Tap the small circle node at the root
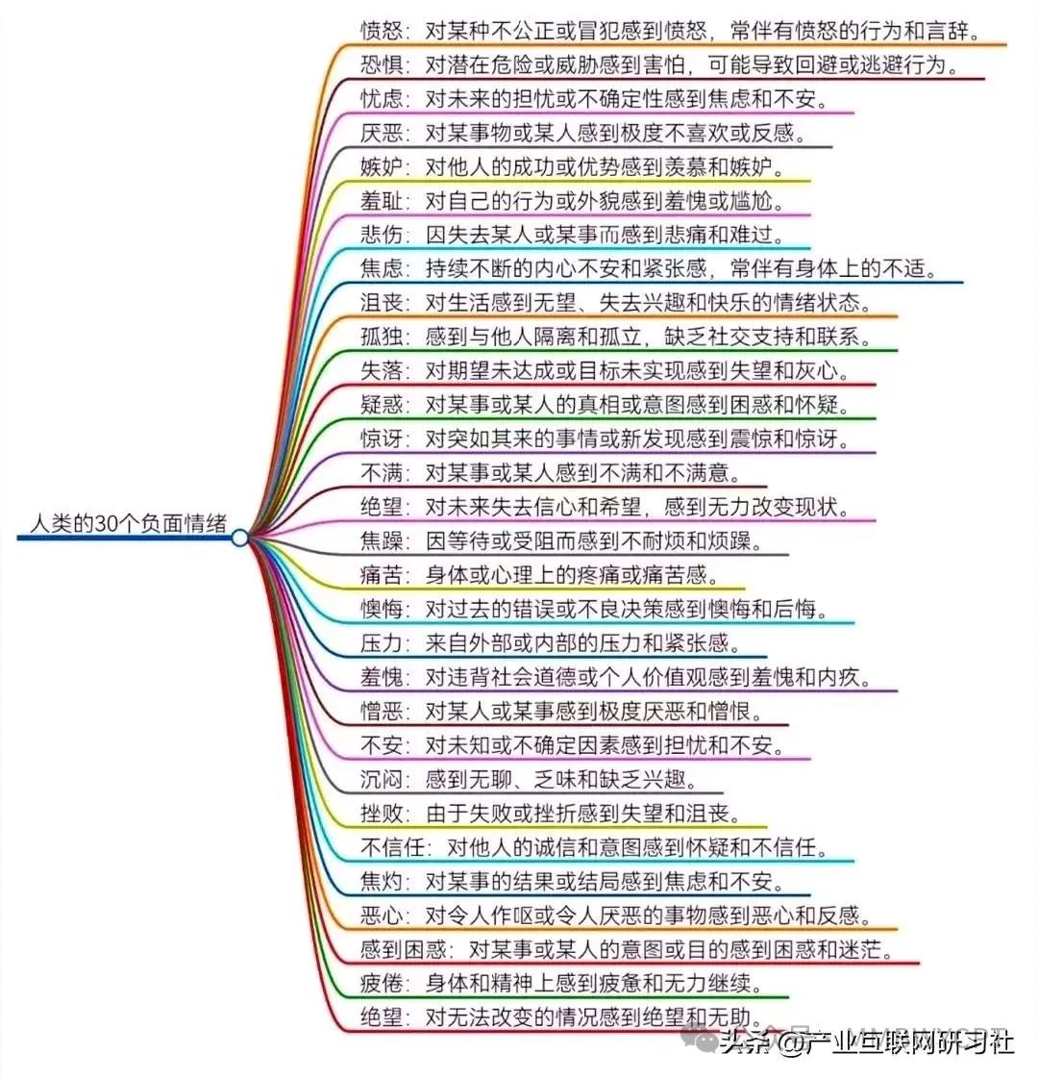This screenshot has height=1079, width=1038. (239, 538)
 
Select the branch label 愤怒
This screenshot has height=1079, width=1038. (381, 30)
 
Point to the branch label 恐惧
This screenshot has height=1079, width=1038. (381, 64)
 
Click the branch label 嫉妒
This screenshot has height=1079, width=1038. (381, 165)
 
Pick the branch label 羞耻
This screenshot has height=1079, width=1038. (381, 200)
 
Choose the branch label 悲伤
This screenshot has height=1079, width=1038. (381, 234)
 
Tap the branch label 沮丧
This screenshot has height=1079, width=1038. (381, 302)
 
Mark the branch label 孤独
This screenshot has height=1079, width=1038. (381, 337)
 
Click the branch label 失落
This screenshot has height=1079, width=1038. (381, 370)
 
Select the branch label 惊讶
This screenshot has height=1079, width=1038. (381, 439)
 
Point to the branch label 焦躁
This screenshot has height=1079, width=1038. (381, 540)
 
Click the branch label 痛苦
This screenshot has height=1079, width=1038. (381, 575)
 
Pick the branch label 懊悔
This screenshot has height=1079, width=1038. (381, 609)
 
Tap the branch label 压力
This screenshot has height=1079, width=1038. (381, 642)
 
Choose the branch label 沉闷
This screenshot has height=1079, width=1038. (381, 779)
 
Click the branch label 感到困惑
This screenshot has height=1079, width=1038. (403, 949)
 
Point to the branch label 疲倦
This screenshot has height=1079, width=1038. (381, 983)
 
